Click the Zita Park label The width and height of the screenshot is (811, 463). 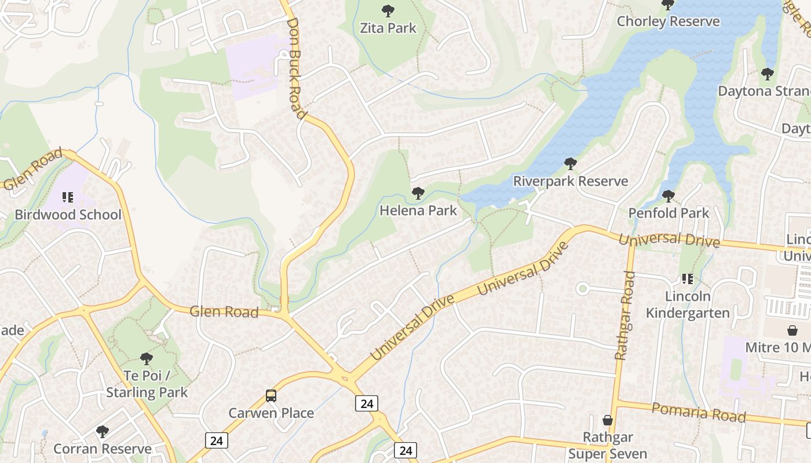(x=388, y=28)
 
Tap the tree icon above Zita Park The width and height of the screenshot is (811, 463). (x=388, y=10)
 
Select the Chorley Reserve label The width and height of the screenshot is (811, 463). (x=668, y=21)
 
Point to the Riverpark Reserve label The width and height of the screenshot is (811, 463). (x=571, y=181)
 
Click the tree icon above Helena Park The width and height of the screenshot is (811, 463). (x=418, y=193)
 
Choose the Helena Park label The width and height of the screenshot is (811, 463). (x=418, y=211)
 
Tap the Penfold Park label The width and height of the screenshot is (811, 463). (x=668, y=213)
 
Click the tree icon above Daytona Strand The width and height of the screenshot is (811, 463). (x=768, y=74)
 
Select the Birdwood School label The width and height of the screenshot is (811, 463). (x=68, y=215)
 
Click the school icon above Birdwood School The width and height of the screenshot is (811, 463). (x=68, y=197)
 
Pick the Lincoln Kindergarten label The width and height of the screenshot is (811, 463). (x=688, y=304)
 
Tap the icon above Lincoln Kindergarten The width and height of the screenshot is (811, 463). (x=688, y=279)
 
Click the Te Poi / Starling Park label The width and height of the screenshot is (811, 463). (x=147, y=384)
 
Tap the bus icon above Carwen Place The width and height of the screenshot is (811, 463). (x=271, y=396)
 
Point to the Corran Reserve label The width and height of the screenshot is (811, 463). (x=103, y=449)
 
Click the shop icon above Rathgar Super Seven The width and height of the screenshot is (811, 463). (x=608, y=420)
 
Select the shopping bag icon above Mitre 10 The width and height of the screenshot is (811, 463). (x=792, y=330)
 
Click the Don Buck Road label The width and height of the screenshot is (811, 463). (x=296, y=68)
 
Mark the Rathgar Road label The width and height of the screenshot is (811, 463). (x=625, y=315)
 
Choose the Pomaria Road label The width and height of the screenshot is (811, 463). (x=699, y=413)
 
